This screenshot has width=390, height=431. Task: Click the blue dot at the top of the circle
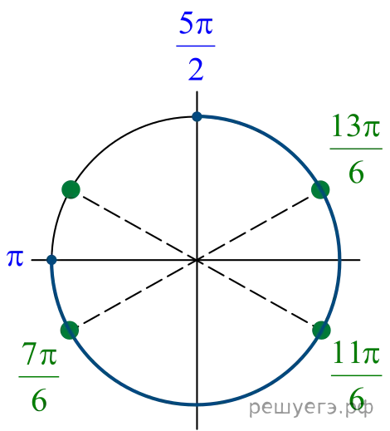tap(197, 116)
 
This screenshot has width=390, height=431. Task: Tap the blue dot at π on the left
tap(51, 260)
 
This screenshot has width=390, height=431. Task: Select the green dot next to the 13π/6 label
tap(320, 189)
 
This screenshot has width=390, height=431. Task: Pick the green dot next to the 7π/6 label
tap(70, 330)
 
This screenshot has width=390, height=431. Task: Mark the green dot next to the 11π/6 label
tap(321, 330)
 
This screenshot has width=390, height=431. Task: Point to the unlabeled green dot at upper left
tap(71, 189)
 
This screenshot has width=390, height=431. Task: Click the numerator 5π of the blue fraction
tap(196, 24)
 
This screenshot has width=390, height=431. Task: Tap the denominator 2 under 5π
tap(196, 70)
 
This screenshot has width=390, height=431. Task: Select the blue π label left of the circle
tap(15, 258)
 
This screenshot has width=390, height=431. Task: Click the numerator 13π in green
tap(356, 126)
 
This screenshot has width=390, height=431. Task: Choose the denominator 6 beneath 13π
tap(356, 172)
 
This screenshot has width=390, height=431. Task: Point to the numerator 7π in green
tap(40, 353)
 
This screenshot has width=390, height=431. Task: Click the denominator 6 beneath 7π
tap(39, 400)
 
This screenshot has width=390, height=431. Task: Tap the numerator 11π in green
tap(356, 352)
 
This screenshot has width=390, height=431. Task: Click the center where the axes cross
tap(197, 260)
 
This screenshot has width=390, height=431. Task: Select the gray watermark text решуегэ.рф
tap(311, 408)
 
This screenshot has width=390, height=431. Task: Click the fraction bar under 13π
tap(356, 149)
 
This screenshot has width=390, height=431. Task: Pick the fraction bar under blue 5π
tap(196, 46)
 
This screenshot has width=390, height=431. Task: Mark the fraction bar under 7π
tap(39, 377)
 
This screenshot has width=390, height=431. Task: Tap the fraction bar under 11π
tap(357, 375)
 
